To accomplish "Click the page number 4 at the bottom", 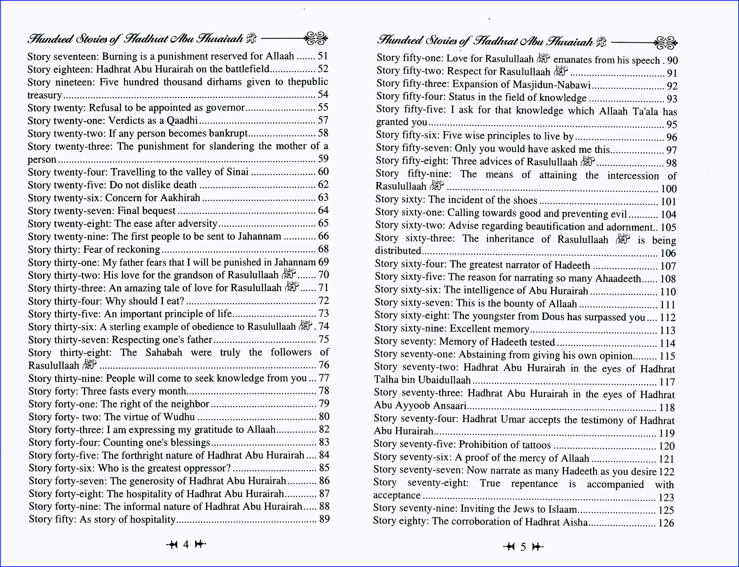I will [x=186, y=544].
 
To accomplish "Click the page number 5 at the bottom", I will [x=523, y=547].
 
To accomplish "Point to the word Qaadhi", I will [x=182, y=120].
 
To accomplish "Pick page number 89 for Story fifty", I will [x=324, y=519].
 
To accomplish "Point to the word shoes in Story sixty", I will [x=525, y=200].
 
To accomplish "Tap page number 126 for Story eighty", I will [x=666, y=523].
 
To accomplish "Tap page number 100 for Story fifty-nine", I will [x=668, y=189].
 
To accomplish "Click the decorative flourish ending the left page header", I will [x=316, y=38].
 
